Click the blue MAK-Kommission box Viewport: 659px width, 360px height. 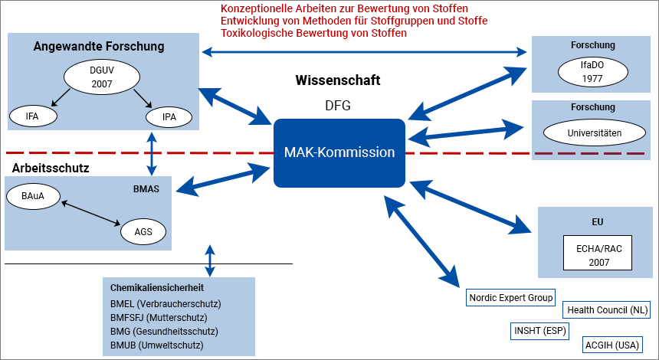pos(339,152)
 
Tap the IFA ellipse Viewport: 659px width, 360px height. pos(32,116)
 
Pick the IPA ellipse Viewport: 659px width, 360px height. pos(169,116)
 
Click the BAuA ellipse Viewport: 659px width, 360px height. pos(32,197)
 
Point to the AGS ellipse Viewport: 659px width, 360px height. pos(143,231)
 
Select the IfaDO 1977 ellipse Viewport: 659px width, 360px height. pos(592,71)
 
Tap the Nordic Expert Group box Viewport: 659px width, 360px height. pos(510,297)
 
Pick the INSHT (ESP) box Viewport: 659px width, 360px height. pos(541,331)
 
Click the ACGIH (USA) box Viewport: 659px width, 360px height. pos(612,345)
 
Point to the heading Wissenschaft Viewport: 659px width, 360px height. pos(338,80)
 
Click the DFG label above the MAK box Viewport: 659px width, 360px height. pos(338,106)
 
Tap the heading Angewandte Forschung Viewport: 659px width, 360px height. pos(99,47)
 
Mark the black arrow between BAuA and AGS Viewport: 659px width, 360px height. pos(90,213)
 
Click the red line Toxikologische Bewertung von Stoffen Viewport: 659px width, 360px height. pos(313,34)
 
